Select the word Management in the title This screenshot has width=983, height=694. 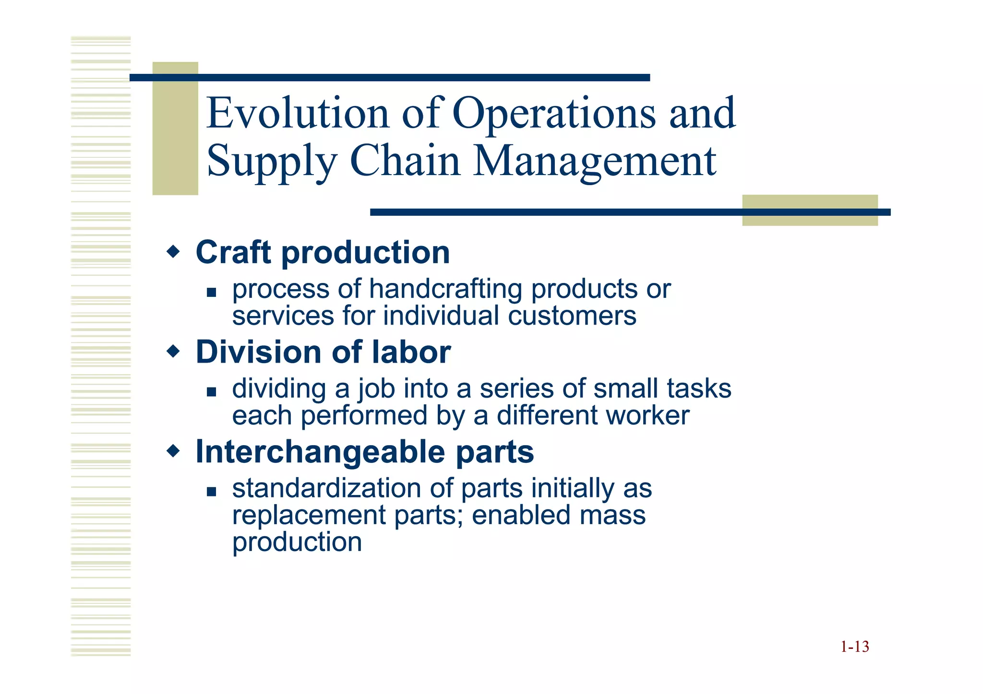coord(595,161)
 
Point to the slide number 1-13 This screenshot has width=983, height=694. coord(854,647)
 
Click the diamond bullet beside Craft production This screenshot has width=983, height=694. coord(173,251)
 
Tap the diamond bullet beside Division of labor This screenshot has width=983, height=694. coord(173,352)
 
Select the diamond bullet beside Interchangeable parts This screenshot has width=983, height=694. coord(173,451)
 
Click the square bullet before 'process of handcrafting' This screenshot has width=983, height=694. coord(211,292)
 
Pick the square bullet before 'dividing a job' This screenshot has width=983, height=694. coord(211,392)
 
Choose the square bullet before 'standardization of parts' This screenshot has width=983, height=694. coord(211,491)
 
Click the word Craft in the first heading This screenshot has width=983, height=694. coord(233,252)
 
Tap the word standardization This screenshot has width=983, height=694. coord(326,488)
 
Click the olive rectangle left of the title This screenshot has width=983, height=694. coord(175,129)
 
